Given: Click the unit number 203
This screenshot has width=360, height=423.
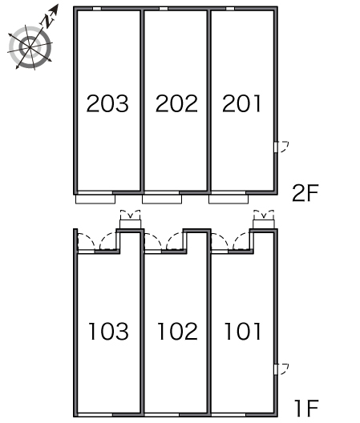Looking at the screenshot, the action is pos(107,103).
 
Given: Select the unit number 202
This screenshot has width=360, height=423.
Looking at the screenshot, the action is pos(176,103).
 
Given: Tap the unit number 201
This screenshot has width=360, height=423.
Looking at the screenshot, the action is pos(241,103).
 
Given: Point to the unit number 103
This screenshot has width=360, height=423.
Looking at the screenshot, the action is pos(108,331).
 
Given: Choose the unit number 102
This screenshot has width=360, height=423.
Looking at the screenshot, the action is pos(177,331).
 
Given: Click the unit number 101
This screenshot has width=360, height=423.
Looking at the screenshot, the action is pos(243,331).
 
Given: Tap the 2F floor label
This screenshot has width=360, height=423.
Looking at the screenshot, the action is pos(305,193).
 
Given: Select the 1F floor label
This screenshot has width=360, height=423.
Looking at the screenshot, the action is pos(306,409).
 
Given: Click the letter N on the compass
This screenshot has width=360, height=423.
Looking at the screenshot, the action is pos(48,21).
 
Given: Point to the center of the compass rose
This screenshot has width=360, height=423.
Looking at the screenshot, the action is pos(30,47).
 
